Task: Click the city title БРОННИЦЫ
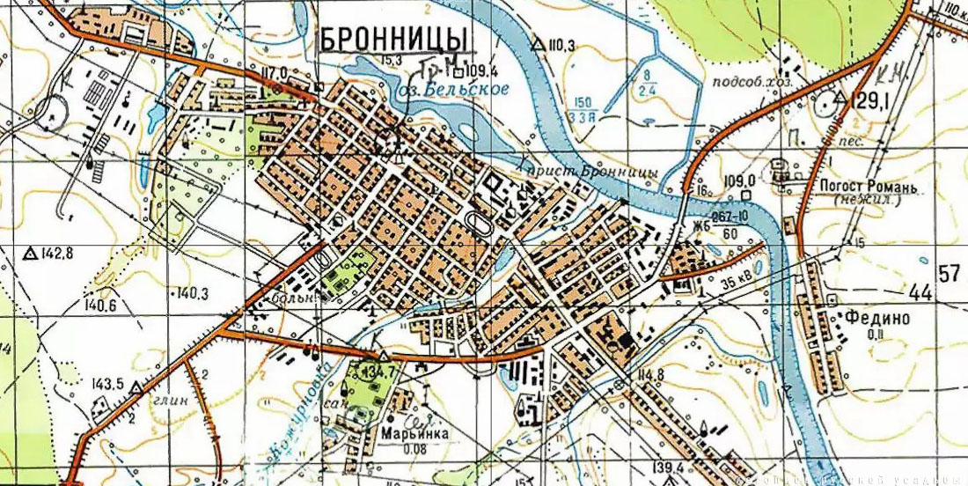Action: point(392,39)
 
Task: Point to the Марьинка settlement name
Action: point(415,434)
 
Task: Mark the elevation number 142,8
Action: point(55,254)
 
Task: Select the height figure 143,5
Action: point(106,383)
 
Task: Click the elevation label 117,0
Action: point(274,71)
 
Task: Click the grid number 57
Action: point(949,273)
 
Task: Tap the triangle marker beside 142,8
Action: point(29,254)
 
